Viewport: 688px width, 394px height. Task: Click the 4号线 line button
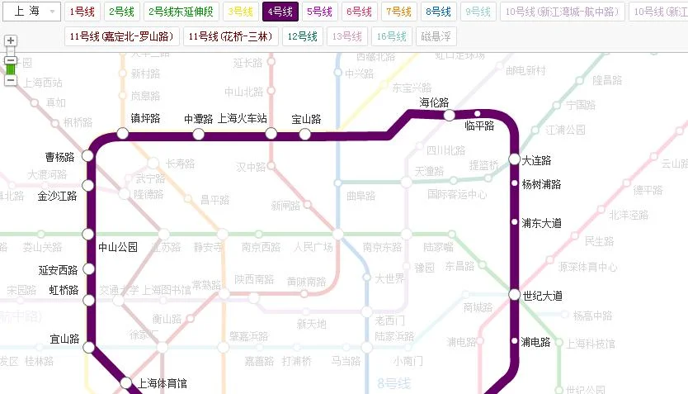point(280,12)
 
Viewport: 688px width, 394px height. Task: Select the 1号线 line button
point(82,12)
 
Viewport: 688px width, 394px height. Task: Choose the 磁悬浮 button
point(436,36)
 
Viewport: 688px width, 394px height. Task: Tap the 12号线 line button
point(303,36)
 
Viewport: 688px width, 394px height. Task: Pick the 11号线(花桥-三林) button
point(230,36)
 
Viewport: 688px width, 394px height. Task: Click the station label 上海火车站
point(243,119)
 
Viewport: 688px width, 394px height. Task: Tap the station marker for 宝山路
point(305,134)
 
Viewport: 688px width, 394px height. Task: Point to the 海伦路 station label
point(434,102)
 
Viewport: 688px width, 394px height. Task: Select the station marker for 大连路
point(515,159)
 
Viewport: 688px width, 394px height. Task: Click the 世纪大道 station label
point(542,295)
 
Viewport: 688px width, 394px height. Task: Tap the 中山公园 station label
point(118,247)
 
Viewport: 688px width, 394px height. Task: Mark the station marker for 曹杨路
point(89,157)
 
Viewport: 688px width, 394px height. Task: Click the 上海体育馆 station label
point(163,383)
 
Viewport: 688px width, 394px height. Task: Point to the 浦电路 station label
point(536,342)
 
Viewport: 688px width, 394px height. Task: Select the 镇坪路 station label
point(145,119)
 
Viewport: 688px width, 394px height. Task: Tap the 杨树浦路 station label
point(541,184)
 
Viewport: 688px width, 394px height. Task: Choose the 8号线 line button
point(438,12)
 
